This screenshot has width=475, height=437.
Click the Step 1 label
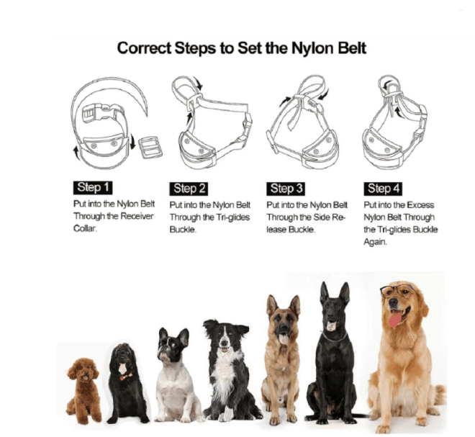point(93,188)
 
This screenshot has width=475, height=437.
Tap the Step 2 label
point(189,189)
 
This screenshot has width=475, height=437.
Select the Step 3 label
point(286,189)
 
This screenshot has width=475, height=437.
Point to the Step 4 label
point(383,189)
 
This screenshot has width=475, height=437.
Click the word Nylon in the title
point(313,48)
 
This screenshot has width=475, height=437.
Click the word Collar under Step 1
point(85,228)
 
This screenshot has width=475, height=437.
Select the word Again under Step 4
point(375,242)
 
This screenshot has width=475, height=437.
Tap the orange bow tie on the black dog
point(126,377)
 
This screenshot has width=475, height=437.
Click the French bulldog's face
point(172,345)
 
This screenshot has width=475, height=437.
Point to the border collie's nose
point(224,343)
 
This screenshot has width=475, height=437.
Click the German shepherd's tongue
point(284,338)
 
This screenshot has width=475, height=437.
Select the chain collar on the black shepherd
point(335,337)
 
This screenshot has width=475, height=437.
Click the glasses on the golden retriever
point(397,290)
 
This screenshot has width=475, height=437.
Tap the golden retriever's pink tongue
point(395,320)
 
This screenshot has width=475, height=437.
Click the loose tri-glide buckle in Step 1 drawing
point(150,148)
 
